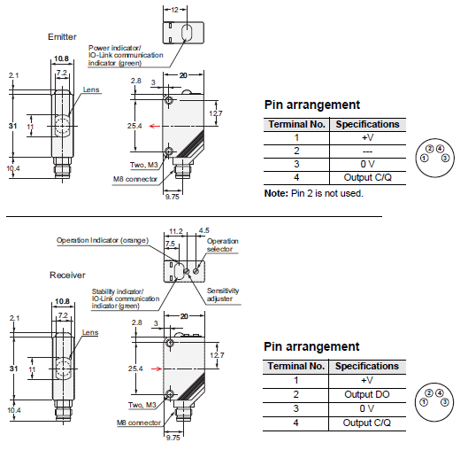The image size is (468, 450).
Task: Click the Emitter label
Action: [62, 36]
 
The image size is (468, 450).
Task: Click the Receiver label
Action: [67, 275]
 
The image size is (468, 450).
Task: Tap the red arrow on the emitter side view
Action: [155, 126]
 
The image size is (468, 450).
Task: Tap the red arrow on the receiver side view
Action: [157, 369]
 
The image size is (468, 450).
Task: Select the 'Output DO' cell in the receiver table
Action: [367, 394]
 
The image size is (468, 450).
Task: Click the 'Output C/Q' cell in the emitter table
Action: [367, 177]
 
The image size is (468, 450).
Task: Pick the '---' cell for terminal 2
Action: [367, 151]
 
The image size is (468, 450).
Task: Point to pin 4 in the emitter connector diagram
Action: [440, 149]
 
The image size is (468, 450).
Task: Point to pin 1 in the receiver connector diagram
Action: [424, 402]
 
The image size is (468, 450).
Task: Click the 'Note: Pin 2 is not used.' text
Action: [314, 193]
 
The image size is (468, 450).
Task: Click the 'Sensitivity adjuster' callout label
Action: [223, 295]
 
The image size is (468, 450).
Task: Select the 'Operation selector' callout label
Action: [223, 245]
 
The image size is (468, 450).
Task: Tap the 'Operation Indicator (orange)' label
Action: [103, 241]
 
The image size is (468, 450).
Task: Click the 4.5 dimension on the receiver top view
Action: [204, 230]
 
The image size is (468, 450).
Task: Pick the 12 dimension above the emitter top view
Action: [175, 10]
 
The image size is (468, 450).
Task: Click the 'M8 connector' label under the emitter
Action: [134, 179]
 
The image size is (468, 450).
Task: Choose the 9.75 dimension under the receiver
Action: [173, 438]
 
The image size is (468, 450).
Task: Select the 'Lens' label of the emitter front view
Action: [91, 89]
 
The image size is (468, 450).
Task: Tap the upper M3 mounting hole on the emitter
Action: [169, 100]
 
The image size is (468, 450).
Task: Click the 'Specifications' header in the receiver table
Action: [367, 366]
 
